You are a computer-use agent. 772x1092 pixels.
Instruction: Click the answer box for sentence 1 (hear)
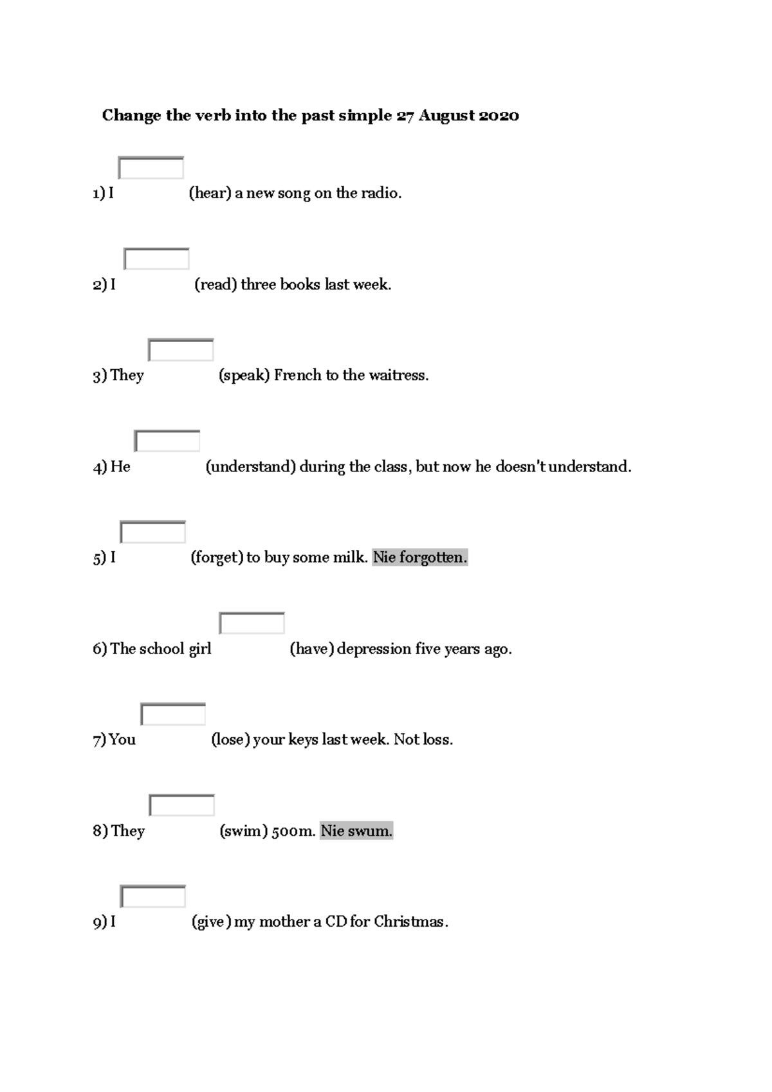[x=151, y=168]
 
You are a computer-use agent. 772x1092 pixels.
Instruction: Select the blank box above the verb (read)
[x=156, y=259]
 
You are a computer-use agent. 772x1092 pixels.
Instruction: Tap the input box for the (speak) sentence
[x=181, y=350]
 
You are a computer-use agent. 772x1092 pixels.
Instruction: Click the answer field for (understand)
[x=167, y=441]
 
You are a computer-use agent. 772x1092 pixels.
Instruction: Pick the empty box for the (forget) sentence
[x=152, y=532]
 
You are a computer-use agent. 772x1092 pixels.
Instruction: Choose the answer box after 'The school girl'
[x=252, y=624]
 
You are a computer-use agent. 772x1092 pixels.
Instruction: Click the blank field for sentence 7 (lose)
[x=173, y=714]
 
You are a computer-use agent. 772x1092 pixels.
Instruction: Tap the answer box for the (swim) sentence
[x=181, y=806]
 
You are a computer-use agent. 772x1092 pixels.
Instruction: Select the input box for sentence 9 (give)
[x=152, y=896]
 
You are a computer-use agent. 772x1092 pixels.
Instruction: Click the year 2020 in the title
[x=499, y=116]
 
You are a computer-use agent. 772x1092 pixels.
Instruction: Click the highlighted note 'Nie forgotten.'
[x=420, y=558]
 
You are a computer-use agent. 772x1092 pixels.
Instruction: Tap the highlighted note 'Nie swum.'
[x=356, y=831]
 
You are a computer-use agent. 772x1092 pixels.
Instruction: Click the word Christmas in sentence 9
[x=409, y=922]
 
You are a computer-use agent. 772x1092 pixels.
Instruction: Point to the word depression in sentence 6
[x=374, y=649]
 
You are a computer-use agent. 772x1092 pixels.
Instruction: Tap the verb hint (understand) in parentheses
[x=250, y=467]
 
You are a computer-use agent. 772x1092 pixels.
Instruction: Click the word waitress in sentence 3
[x=400, y=376]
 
